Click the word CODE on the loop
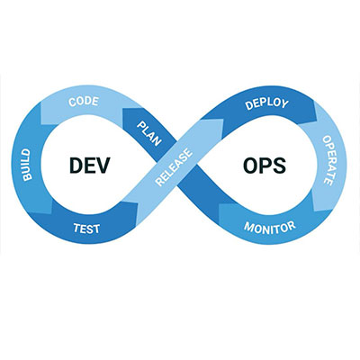[84, 102]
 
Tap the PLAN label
[149, 134]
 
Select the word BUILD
[27, 165]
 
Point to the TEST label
[86, 229]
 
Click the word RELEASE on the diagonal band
[174, 167]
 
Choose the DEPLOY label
[266, 103]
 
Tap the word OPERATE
[328, 160]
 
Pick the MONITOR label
[270, 228]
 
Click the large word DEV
[90, 166]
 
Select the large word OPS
[265, 166]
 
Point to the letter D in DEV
[76, 166]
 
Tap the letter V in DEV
[103, 166]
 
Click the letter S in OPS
[279, 166]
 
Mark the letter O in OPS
[250, 166]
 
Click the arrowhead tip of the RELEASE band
[223, 120]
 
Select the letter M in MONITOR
[248, 227]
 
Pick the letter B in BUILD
[27, 177]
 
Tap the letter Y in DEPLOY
[284, 103]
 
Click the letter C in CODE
[72, 103]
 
